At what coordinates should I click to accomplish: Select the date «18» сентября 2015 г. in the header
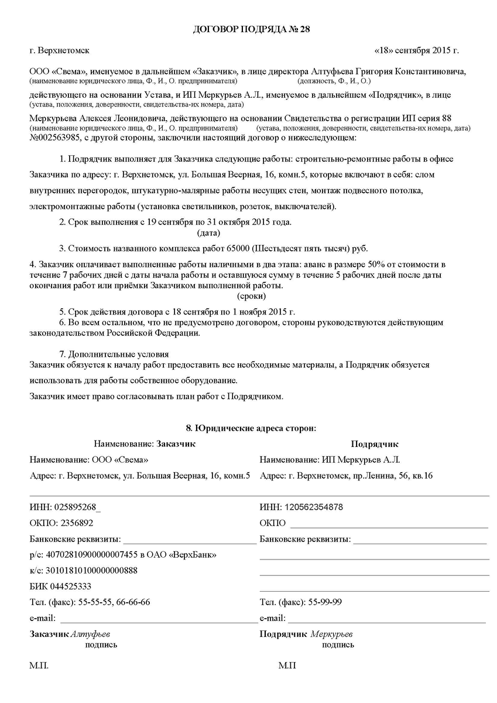tap(416, 51)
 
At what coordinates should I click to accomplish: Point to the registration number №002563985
tap(56, 138)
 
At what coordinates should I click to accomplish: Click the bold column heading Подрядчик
tap(374, 444)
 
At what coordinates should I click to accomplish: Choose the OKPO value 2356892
tap(73, 523)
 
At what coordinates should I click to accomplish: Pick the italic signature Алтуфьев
tap(90, 634)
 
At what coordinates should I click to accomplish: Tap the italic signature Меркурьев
tap(331, 634)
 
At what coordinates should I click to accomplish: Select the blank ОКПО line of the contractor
tap(388, 527)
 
